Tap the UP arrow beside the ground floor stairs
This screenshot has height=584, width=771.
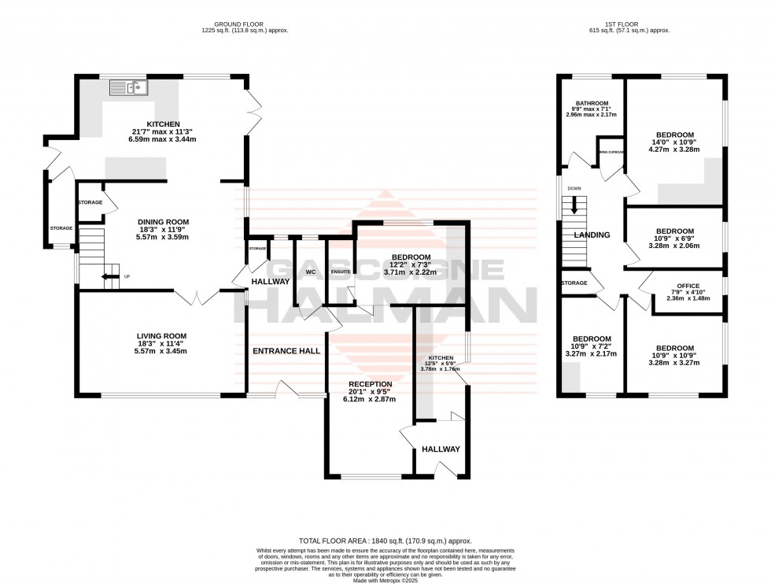[x=105, y=276]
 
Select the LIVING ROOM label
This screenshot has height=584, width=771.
[x=160, y=336]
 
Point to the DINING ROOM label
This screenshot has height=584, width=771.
[x=160, y=222]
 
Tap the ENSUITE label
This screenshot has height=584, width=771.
[x=341, y=272]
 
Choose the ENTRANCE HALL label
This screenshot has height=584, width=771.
[x=286, y=351]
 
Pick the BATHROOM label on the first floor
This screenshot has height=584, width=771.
[x=591, y=103]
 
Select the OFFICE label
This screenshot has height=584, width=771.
[x=677, y=286]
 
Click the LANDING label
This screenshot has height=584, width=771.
[x=592, y=235]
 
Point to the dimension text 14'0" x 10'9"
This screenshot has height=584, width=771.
[x=674, y=142]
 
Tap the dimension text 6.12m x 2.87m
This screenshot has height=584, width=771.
[x=370, y=400]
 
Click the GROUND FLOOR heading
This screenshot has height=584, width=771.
[x=245, y=24]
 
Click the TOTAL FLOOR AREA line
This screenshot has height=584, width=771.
[x=385, y=541]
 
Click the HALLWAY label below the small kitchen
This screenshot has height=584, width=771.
[x=441, y=449]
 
